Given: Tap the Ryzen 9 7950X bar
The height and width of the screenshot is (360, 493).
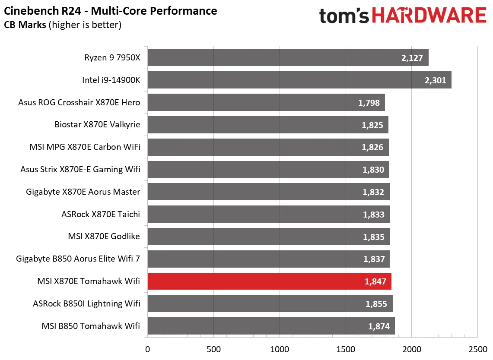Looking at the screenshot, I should [x=288, y=58].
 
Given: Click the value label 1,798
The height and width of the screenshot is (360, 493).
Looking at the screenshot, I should [x=369, y=103].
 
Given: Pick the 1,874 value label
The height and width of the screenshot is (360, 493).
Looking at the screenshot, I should [x=379, y=326].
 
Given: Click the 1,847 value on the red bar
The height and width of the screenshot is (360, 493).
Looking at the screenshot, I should [x=375, y=281].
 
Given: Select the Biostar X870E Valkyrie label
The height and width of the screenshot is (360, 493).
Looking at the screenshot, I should [x=97, y=125].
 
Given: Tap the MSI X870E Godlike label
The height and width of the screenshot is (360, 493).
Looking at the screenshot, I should [x=104, y=237].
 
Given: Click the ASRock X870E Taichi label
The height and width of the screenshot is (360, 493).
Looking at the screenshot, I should [x=101, y=215].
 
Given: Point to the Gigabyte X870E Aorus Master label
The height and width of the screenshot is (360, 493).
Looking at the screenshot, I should [x=83, y=192].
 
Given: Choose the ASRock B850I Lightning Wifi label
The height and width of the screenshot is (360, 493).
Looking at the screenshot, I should [x=86, y=304].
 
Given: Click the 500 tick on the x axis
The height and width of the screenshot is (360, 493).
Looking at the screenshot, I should [x=213, y=349].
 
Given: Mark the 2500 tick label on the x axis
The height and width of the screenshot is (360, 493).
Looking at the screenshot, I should [x=477, y=349].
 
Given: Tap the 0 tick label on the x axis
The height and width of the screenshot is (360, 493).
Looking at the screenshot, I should [x=148, y=349].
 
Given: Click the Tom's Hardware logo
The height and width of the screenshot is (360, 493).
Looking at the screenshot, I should [x=403, y=16].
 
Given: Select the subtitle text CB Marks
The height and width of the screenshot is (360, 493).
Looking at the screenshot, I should [x=25, y=25].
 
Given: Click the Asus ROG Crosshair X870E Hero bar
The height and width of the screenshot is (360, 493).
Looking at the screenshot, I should [x=266, y=103].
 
